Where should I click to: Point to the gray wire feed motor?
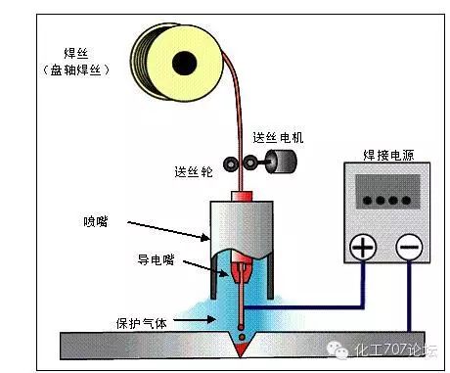[x=282, y=163]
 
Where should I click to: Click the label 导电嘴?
[x=155, y=258]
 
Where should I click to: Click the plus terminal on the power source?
[x=363, y=248]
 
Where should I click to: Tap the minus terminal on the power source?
[x=410, y=248]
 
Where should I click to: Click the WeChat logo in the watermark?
[x=339, y=348]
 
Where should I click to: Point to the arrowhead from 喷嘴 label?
[x=204, y=239]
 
